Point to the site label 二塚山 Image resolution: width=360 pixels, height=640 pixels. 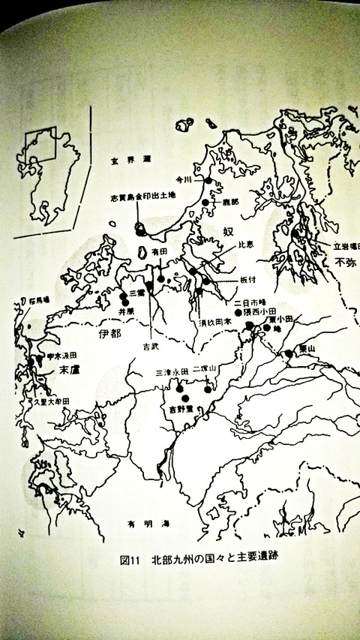[204, 369]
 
